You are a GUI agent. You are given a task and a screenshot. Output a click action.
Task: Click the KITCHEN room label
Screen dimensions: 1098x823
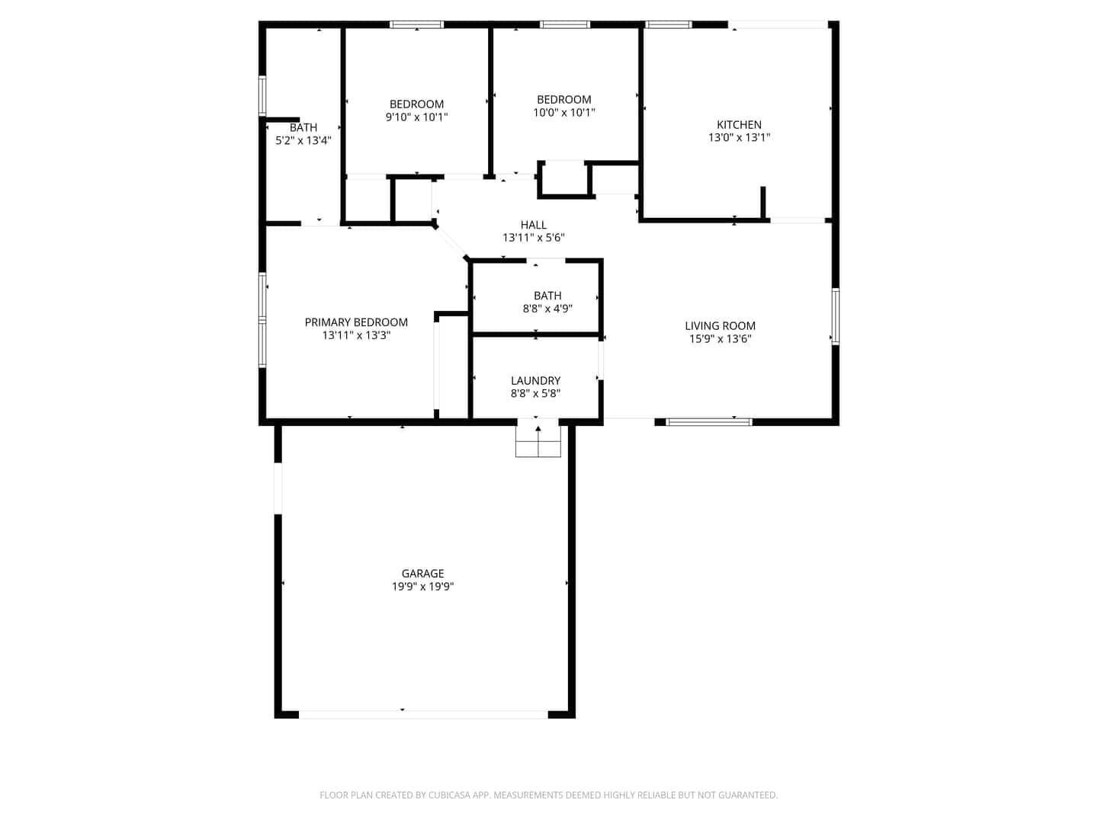(x=739, y=124)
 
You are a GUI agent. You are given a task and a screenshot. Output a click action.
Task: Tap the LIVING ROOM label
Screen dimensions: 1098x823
(x=720, y=326)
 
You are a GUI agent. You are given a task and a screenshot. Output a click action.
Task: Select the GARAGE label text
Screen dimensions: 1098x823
(x=422, y=573)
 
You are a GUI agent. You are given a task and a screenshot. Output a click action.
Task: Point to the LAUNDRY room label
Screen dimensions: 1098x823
(x=535, y=380)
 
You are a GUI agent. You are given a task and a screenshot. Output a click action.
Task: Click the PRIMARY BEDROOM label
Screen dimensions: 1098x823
(x=356, y=322)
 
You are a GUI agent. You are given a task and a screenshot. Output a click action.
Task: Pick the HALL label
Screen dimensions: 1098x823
(x=533, y=225)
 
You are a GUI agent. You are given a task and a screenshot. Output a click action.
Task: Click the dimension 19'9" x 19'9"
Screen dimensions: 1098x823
(x=422, y=586)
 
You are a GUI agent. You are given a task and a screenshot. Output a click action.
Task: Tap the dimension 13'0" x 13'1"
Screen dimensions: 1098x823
(x=739, y=137)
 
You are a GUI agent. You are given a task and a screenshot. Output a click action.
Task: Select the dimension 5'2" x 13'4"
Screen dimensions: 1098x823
(x=303, y=140)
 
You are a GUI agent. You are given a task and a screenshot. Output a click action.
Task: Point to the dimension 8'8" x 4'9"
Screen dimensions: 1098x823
(x=547, y=309)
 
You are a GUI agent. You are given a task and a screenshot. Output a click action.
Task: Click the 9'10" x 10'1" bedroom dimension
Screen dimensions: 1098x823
(x=416, y=117)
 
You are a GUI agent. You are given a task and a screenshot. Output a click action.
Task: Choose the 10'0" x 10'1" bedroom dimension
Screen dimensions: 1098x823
(x=563, y=113)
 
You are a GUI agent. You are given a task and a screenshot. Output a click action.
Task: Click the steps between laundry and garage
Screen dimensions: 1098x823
(x=538, y=440)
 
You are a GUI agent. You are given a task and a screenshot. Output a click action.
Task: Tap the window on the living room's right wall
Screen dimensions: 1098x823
(x=835, y=316)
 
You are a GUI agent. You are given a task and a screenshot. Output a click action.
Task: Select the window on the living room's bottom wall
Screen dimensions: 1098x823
(x=708, y=422)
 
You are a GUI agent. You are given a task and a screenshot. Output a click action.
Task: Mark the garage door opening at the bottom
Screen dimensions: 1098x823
(x=423, y=715)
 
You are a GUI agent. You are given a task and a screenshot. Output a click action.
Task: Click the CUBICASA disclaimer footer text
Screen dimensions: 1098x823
(x=548, y=795)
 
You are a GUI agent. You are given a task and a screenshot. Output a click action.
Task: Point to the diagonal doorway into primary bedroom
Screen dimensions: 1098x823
(x=451, y=242)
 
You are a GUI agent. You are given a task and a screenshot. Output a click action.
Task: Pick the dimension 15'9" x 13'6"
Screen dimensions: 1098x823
(x=720, y=339)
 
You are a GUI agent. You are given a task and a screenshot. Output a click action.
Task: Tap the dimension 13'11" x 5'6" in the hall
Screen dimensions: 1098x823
(x=533, y=238)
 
